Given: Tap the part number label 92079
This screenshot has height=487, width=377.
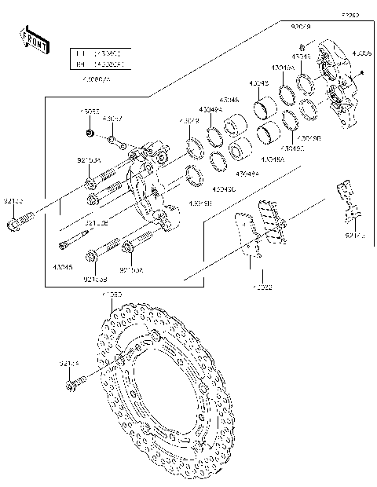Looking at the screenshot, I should click(x=301, y=27).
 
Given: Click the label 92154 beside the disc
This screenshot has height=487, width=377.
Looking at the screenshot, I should click(x=68, y=364).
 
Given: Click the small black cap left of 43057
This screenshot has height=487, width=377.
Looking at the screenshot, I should click(x=90, y=134).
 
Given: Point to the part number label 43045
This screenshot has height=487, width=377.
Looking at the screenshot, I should click(x=63, y=267).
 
